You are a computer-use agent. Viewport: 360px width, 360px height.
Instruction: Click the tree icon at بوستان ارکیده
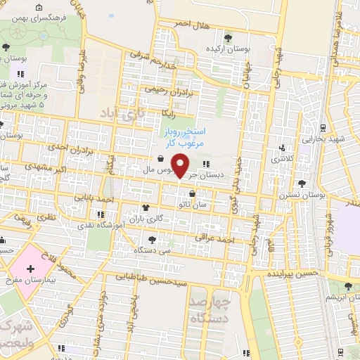click(x=227, y=38)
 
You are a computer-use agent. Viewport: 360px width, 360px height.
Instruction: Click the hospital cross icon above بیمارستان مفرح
click(x=30, y=269)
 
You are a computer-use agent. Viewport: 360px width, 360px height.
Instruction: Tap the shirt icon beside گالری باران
click(x=146, y=207)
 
